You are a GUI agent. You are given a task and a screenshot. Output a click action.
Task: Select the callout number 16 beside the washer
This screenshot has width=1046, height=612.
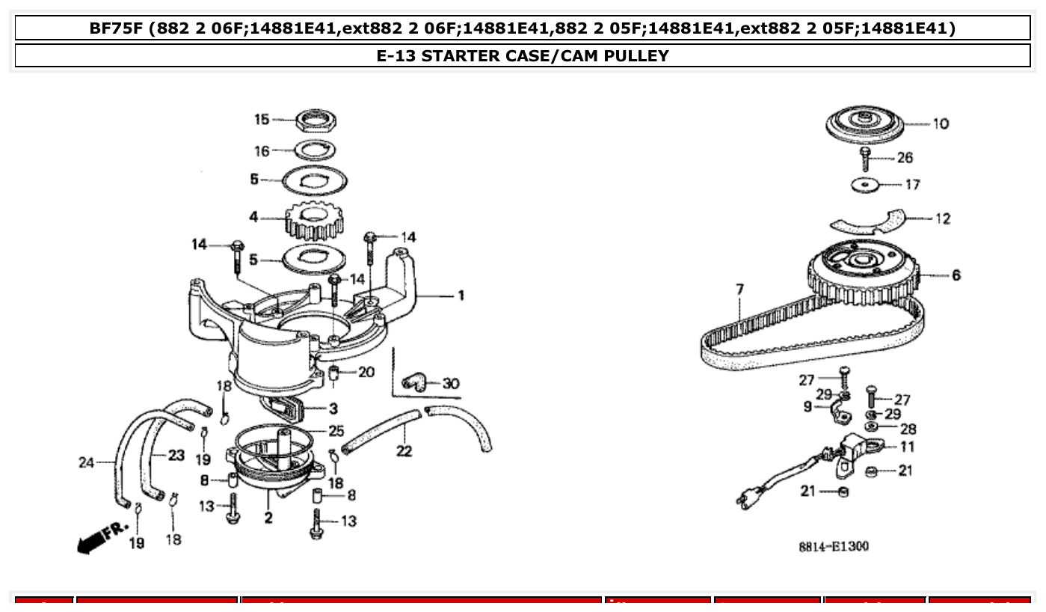point(262,151)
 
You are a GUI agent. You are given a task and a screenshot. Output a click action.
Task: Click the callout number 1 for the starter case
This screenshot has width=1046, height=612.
point(461,295)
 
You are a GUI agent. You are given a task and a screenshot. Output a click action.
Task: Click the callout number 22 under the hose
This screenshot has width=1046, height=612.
point(404,451)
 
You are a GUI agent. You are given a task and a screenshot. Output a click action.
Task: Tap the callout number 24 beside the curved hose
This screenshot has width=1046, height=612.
point(86,462)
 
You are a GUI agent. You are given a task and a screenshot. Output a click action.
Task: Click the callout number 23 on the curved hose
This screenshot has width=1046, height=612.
point(176,456)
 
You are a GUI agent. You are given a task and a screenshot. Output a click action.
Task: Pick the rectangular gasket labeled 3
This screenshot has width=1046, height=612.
point(288,410)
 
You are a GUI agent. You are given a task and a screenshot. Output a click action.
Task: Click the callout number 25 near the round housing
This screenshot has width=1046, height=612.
point(336,431)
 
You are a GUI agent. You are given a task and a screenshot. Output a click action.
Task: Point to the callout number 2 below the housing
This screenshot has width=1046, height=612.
point(268,517)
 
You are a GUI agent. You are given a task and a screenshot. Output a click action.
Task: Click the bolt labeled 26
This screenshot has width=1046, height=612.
point(866,159)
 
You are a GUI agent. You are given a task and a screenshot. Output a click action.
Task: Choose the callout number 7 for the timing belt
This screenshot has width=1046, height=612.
point(739,288)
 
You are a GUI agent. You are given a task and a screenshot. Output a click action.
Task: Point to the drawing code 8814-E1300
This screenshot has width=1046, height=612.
point(834,547)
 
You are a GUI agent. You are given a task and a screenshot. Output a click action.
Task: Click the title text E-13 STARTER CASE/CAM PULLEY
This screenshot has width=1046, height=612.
point(523,55)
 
